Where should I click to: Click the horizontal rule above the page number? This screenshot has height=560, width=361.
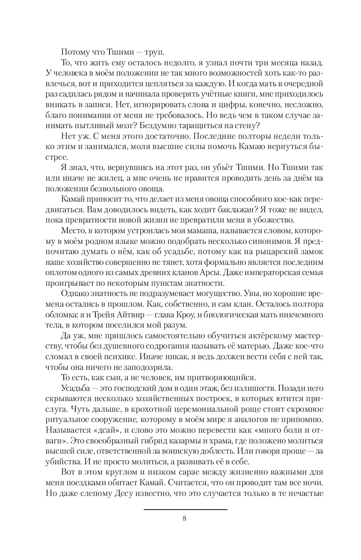pyautogui.click(x=185, y=509)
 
